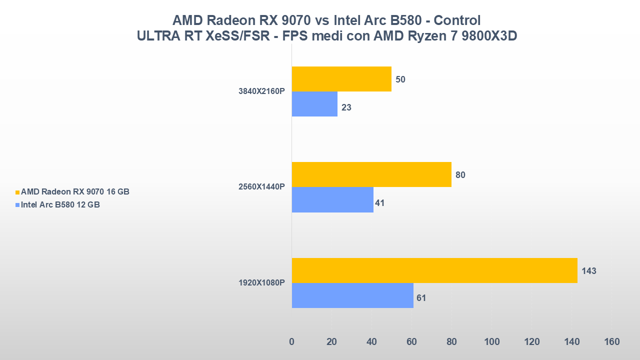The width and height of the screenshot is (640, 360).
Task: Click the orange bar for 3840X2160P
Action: (x=341, y=79)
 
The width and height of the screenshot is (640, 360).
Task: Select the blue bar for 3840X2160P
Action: (x=314, y=104)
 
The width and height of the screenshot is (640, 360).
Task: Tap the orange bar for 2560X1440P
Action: (x=371, y=174)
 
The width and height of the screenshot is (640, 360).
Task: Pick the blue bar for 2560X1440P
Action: (x=332, y=199)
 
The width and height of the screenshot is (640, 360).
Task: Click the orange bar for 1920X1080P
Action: (x=434, y=270)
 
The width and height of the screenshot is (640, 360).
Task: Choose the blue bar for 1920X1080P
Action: (x=352, y=295)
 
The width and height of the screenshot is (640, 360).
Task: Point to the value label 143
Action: (x=589, y=271)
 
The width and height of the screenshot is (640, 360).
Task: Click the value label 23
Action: (x=346, y=107)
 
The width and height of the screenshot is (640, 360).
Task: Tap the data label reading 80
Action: (x=460, y=175)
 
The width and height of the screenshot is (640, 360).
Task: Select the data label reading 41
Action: (x=379, y=203)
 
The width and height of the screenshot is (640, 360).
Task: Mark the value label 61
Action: (x=421, y=298)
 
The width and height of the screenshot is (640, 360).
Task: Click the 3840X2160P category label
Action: (x=261, y=91)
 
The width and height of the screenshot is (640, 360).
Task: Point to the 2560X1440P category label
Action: (x=261, y=187)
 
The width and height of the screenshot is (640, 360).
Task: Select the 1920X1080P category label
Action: (x=261, y=283)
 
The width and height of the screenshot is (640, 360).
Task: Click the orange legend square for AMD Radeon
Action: (x=17, y=192)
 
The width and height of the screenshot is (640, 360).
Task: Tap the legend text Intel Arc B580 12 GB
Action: (x=60, y=204)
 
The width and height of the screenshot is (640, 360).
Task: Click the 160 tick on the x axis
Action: (x=611, y=342)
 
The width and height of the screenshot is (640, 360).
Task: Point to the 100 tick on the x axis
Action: (x=491, y=342)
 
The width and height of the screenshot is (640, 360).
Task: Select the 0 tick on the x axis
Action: (x=292, y=342)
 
